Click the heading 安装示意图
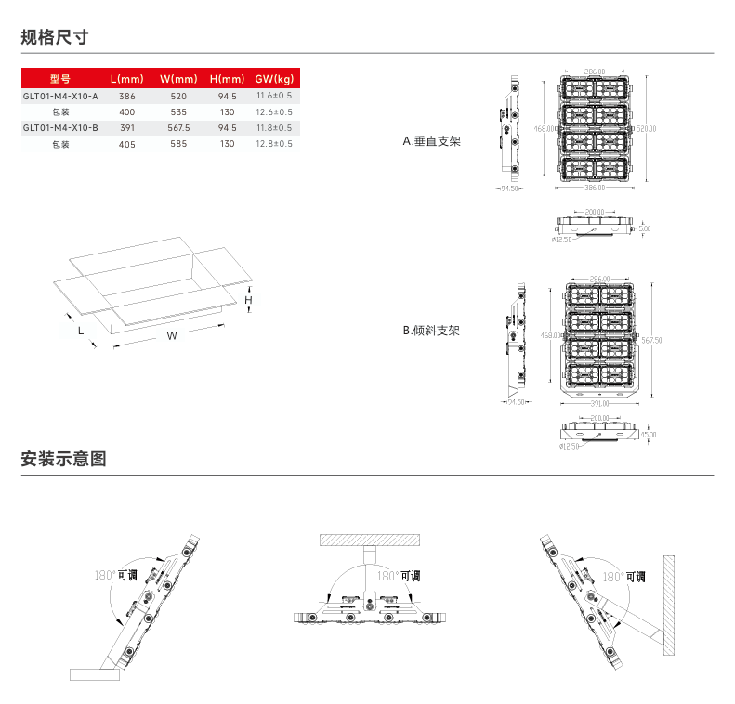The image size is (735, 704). pos(64,459)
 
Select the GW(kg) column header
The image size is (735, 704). pos(274,79)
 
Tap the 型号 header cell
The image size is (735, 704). pos(60,79)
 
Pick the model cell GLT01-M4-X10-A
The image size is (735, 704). pos(60,96)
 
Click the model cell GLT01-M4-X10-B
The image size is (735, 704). pos(60,127)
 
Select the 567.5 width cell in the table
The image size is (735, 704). pos(178,127)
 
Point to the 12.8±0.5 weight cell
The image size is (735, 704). pos(274,144)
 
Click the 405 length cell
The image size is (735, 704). pos(127,144)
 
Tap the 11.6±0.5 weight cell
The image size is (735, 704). pos(274,96)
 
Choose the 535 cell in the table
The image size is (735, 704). pos(178,111)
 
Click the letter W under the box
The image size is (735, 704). pos(171,336)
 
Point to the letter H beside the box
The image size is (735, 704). pos(248,300)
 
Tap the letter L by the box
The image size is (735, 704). pos(81,330)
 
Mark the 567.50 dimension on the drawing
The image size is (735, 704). pos(651,340)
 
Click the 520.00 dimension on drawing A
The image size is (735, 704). pos(645,128)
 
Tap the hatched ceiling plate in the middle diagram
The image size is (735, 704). pos(370,540)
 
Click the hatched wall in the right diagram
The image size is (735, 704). pos(668,604)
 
